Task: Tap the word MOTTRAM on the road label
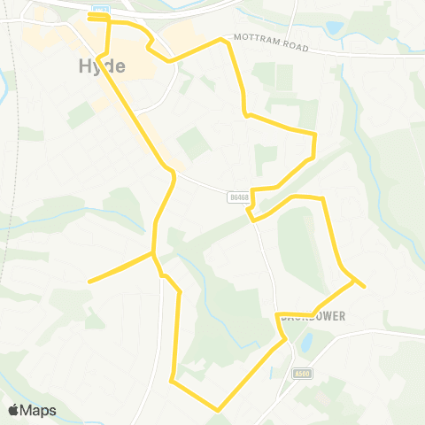[x=258, y=41]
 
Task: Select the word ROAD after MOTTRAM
[x=294, y=46]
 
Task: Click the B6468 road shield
[x=237, y=197]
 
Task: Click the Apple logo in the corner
[x=14, y=410]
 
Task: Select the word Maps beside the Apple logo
[x=39, y=410]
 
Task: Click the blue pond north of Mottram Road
[x=334, y=28]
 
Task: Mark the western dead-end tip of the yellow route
[x=89, y=282]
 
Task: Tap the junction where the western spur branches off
[x=153, y=253]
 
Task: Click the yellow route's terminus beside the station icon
[x=90, y=15]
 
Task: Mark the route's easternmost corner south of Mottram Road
[x=315, y=134]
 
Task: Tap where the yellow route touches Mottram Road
[x=221, y=40]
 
